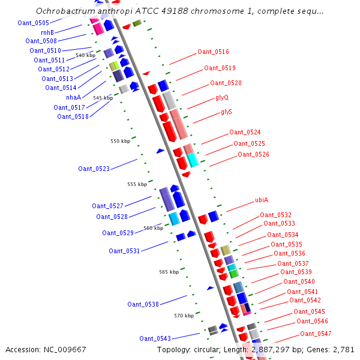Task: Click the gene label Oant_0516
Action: (213, 52)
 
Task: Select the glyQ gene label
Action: (221, 97)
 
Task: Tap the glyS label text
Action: (226, 112)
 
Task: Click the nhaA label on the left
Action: (73, 97)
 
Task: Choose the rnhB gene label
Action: (47, 32)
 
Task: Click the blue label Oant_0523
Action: (94, 169)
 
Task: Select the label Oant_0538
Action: (143, 304)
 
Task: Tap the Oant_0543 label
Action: (155, 338)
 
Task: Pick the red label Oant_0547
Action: (316, 334)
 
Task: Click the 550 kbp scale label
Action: (120, 142)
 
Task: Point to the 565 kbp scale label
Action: (169, 272)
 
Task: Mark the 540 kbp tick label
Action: (85, 55)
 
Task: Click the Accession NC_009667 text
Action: (46, 349)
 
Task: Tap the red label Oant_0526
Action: (253, 154)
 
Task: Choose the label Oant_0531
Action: (124, 251)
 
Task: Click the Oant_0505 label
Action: (34, 23)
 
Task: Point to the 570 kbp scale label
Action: (184, 316)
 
